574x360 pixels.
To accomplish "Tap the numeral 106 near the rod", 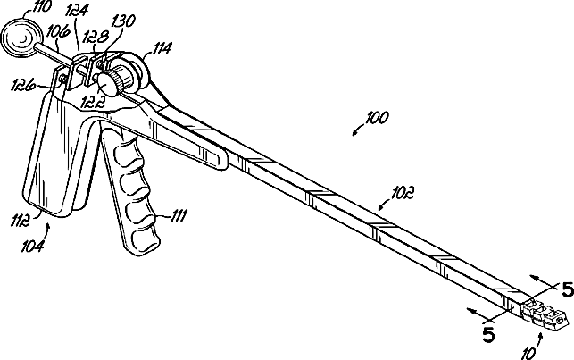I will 59,30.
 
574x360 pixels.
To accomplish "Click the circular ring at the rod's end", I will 18,38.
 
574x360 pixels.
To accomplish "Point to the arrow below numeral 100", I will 358,132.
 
